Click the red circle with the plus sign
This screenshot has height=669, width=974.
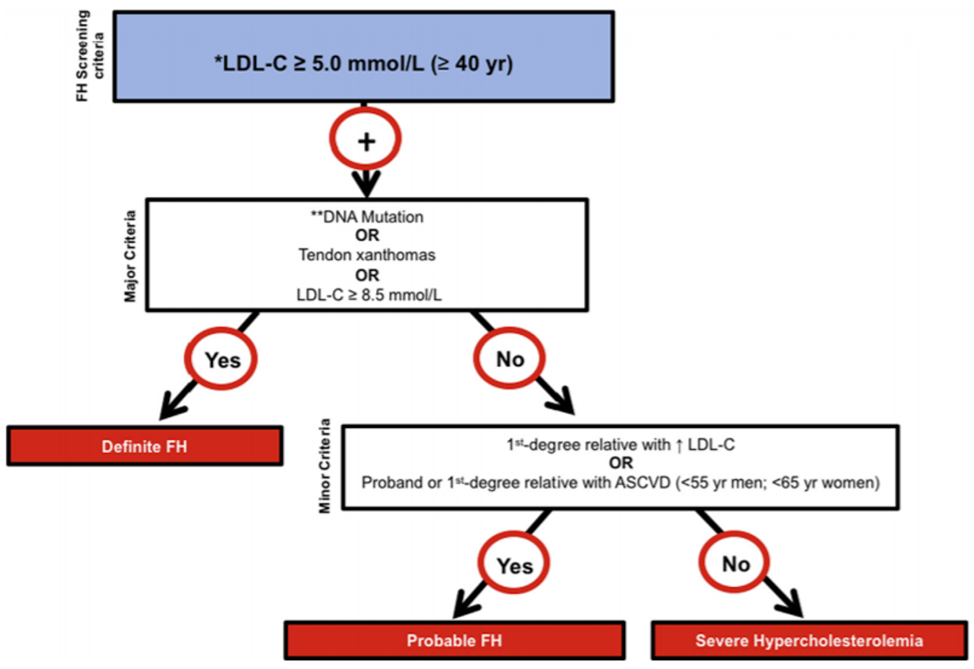(365, 139)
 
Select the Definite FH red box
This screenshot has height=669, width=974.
(145, 446)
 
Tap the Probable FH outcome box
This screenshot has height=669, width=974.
(454, 640)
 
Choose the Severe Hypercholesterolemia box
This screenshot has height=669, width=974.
(808, 640)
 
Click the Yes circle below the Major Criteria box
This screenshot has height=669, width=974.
(222, 359)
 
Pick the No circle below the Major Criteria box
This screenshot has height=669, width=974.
(509, 359)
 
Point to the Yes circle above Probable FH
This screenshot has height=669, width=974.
(514, 564)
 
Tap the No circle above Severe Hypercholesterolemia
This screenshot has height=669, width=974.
(735, 563)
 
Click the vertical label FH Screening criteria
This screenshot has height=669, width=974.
(89, 56)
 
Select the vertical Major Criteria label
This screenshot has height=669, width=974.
(130, 256)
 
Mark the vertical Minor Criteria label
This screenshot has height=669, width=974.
(325, 466)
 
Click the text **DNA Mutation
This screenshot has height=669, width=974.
(367, 217)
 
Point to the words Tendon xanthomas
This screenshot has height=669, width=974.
(367, 255)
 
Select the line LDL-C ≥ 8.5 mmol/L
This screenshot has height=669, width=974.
(369, 295)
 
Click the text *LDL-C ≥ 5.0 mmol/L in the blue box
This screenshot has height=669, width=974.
(318, 64)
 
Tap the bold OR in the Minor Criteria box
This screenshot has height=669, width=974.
(621, 463)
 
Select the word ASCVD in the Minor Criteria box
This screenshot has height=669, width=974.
(642, 483)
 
